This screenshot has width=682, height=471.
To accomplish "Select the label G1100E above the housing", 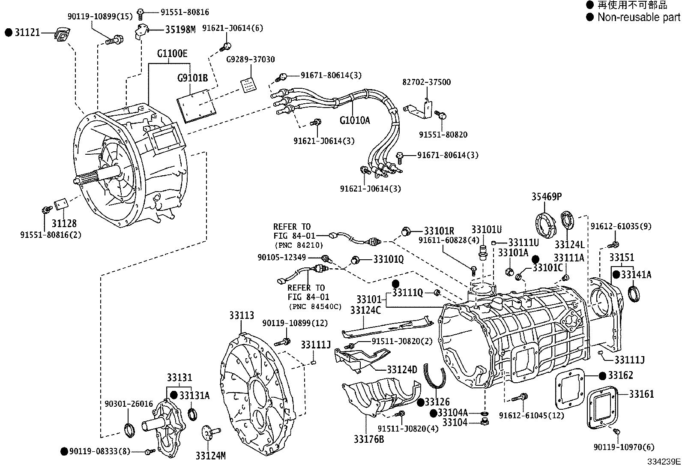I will pos(172,54).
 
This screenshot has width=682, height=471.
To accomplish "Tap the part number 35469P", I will pos(547,197).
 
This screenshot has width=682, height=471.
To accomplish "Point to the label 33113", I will pos(241,316).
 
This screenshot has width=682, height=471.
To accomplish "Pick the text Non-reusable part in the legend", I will pos(638,18).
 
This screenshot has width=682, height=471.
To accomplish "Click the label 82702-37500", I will pos(427,82).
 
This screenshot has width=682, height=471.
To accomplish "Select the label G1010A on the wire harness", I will pos(354,120).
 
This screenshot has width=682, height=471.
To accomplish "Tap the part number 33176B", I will pos(369,439).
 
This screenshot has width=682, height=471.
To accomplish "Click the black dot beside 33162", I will pos(602,376).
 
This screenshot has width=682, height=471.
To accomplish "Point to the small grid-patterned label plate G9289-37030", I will pos(247,84).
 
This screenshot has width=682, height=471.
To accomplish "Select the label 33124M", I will pos(210,456).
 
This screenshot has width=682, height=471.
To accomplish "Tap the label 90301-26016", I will pos(129,404).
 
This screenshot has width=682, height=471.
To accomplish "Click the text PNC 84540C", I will pos(315,306).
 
